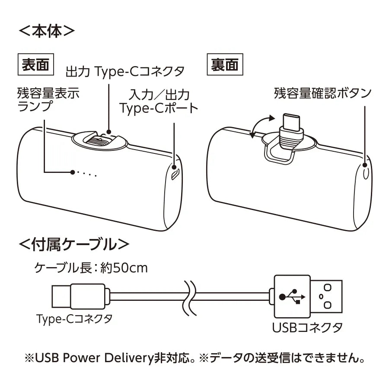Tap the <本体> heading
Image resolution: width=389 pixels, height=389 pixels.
[x=47, y=31]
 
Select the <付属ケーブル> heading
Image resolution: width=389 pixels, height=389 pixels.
[x=74, y=245]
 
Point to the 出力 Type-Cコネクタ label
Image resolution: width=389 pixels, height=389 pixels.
[x=125, y=71]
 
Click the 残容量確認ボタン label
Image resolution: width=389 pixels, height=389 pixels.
[x=322, y=93]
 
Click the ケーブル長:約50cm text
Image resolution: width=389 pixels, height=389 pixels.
[x=91, y=268]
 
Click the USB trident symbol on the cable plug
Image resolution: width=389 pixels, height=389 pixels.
[x=292, y=297]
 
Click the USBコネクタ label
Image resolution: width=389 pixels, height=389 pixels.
[x=307, y=327]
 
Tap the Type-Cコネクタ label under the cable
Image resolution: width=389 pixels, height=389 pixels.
[x=74, y=319]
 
